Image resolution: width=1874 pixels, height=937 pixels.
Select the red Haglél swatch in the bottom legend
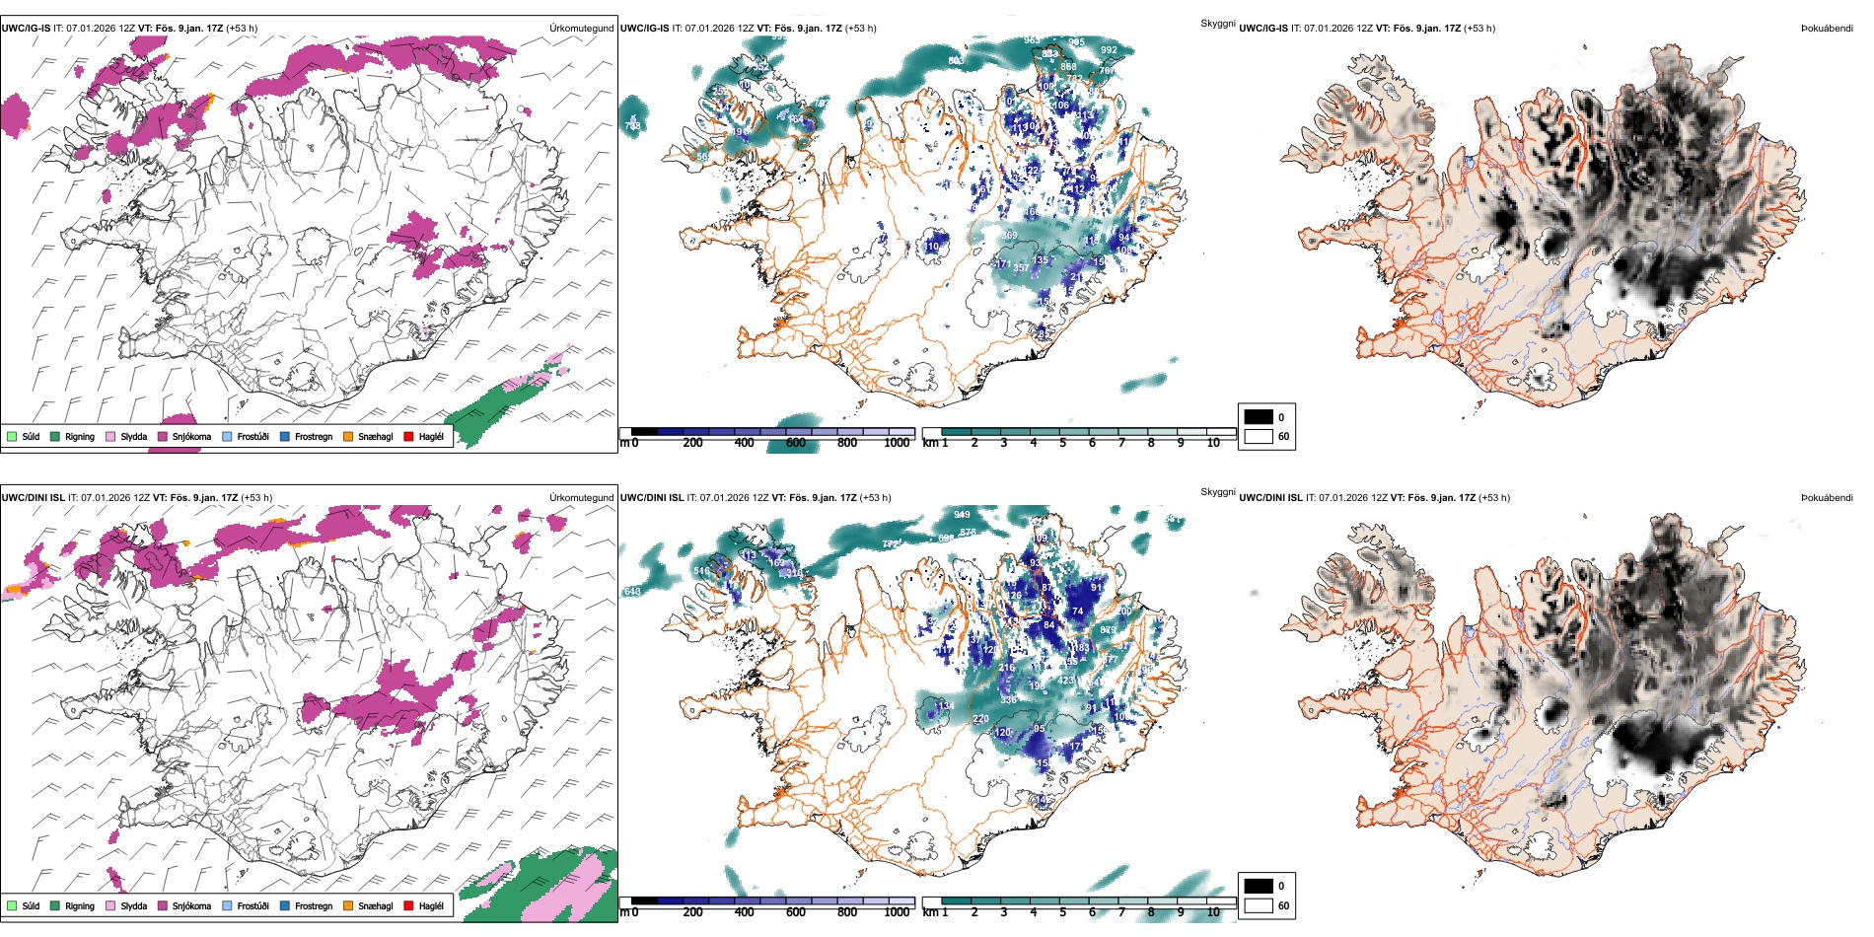[x=408, y=905]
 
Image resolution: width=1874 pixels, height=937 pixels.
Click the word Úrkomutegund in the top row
[x=581, y=29]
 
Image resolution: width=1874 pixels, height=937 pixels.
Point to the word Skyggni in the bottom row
[x=1217, y=492]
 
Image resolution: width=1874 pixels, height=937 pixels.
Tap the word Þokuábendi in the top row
[x=1827, y=29]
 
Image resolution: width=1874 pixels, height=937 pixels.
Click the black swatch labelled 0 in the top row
[x=1259, y=417]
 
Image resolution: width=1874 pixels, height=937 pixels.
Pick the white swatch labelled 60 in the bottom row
[x=1259, y=905]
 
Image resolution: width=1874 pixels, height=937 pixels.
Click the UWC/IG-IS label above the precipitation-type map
[x=26, y=29]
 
